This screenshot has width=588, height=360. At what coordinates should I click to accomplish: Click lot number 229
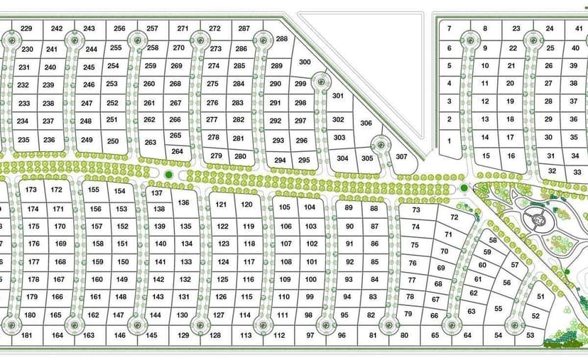coord(26,28)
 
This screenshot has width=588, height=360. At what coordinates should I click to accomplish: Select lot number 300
coord(305,62)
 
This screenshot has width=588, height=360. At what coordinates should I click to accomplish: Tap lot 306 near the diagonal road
coord(366,123)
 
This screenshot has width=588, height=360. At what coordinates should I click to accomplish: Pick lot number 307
coord(402,157)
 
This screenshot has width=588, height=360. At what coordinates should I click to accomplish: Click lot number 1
coord(449,141)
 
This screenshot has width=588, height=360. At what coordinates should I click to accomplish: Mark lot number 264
coord(178,151)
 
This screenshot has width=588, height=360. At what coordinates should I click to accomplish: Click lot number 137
coord(157,193)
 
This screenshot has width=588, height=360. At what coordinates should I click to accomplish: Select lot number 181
coord(27,334)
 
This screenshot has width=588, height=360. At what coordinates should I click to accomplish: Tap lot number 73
coord(416,210)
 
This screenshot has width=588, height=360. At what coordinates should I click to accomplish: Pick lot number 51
coord(540,296)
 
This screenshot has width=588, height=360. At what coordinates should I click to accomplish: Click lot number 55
coord(498,309)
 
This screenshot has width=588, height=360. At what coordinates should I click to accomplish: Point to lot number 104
coord(309,207)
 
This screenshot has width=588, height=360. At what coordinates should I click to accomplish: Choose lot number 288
coord(282,38)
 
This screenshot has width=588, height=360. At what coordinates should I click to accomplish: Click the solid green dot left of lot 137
coord(168,175)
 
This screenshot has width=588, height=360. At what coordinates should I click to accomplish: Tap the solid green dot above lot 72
coord(464,187)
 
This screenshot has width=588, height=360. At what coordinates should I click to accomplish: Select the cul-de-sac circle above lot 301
coord(321,81)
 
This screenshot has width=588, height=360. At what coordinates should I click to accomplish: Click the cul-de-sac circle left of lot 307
coord(381,145)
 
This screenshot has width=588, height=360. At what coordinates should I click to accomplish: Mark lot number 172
coord(57,190)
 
